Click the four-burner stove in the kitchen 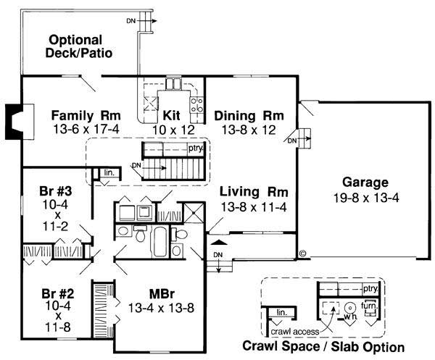click(196, 107)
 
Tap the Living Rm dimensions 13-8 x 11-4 click(254, 206)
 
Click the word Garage click(366, 183)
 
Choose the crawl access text click(294, 331)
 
